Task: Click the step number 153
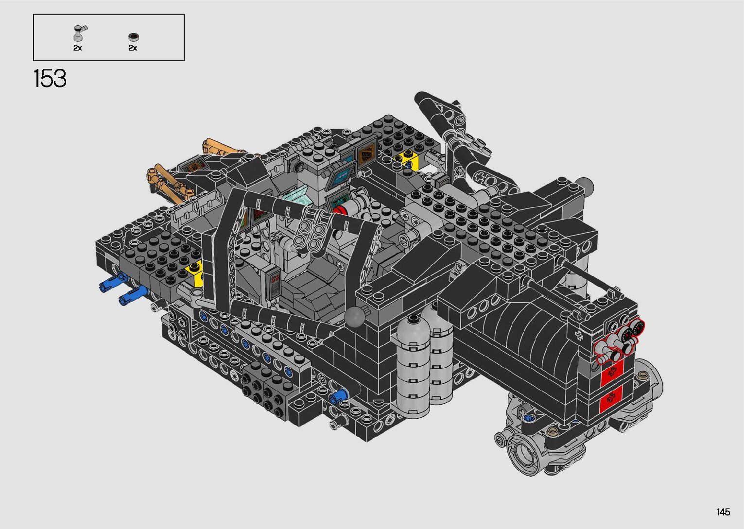[50, 79]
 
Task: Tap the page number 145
[724, 512]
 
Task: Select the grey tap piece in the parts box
[80, 33]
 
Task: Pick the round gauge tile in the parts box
[133, 37]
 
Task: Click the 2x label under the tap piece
[77, 48]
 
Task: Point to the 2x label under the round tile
[133, 48]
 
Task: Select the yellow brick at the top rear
[406, 159]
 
